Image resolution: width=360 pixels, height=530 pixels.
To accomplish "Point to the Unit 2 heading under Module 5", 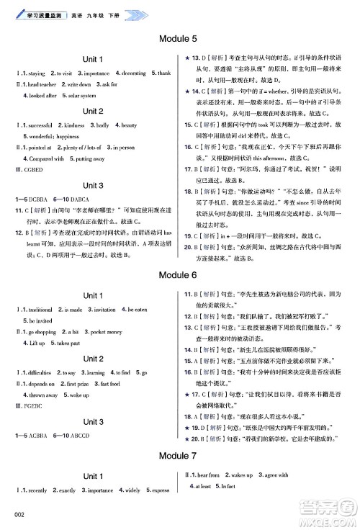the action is [93, 112].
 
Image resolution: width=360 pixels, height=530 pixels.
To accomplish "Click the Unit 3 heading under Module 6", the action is [93, 421].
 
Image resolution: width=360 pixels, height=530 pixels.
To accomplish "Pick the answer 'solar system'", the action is [79, 95].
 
